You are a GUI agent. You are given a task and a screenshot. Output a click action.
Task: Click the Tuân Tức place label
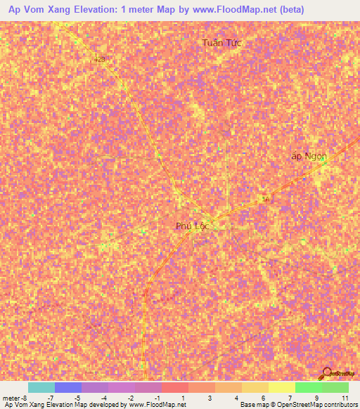221,43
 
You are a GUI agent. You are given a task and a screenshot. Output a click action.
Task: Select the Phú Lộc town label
193,226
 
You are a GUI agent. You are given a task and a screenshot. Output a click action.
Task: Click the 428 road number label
99,60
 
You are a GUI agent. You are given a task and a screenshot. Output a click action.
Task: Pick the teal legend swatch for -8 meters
41,387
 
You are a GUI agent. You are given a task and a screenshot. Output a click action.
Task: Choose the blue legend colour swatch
67,387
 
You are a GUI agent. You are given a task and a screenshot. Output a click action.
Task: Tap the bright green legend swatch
308,387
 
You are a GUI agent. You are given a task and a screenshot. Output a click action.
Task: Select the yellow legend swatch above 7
281,387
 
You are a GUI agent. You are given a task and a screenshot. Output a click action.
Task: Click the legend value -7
51,398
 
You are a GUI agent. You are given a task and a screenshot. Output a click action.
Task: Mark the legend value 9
317,398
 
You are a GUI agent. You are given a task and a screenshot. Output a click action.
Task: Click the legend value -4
104,398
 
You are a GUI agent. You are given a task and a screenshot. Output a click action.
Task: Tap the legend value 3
210,398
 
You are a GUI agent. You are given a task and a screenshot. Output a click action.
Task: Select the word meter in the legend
11,398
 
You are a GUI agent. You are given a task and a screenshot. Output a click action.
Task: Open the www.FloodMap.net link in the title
231,9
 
